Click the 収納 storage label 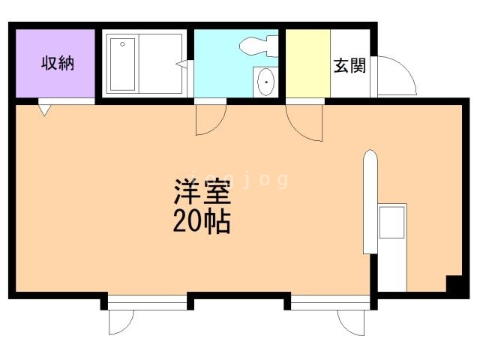click(x=57, y=62)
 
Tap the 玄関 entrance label click(x=349, y=65)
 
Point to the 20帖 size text click(x=202, y=222)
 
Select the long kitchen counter click(x=370, y=202)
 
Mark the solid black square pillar click(x=454, y=284)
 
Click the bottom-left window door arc click(x=120, y=321)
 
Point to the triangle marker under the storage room click(x=44, y=110)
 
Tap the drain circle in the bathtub click(x=122, y=44)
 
